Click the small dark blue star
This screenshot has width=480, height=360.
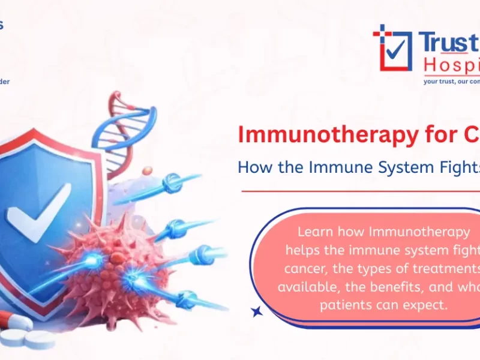click(257, 311)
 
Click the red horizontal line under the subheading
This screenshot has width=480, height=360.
click(360, 191)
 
